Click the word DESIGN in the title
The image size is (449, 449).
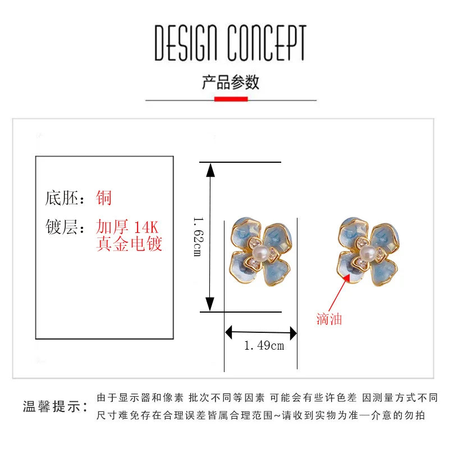(x=186, y=43)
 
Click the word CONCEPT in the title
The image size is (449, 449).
(x=267, y=43)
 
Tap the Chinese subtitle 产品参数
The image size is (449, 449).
(x=231, y=82)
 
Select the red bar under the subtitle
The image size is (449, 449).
(x=231, y=99)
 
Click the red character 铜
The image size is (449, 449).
(x=103, y=198)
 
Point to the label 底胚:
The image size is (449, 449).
(x=65, y=198)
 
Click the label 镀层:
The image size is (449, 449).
(x=65, y=227)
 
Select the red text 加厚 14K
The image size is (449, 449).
(x=127, y=227)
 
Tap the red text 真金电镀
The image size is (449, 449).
(x=129, y=244)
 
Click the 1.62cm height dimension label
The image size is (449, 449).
(x=198, y=236)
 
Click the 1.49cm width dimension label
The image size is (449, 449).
(x=264, y=346)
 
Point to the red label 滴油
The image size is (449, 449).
(x=329, y=319)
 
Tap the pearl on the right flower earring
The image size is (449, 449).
(x=368, y=253)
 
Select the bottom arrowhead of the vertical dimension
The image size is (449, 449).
(x=210, y=304)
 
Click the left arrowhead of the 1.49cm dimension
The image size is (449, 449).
(x=228, y=332)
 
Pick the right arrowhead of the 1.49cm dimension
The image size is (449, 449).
(x=293, y=333)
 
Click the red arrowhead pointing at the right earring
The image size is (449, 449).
(x=346, y=277)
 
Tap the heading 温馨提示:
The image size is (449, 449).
(x=55, y=406)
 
